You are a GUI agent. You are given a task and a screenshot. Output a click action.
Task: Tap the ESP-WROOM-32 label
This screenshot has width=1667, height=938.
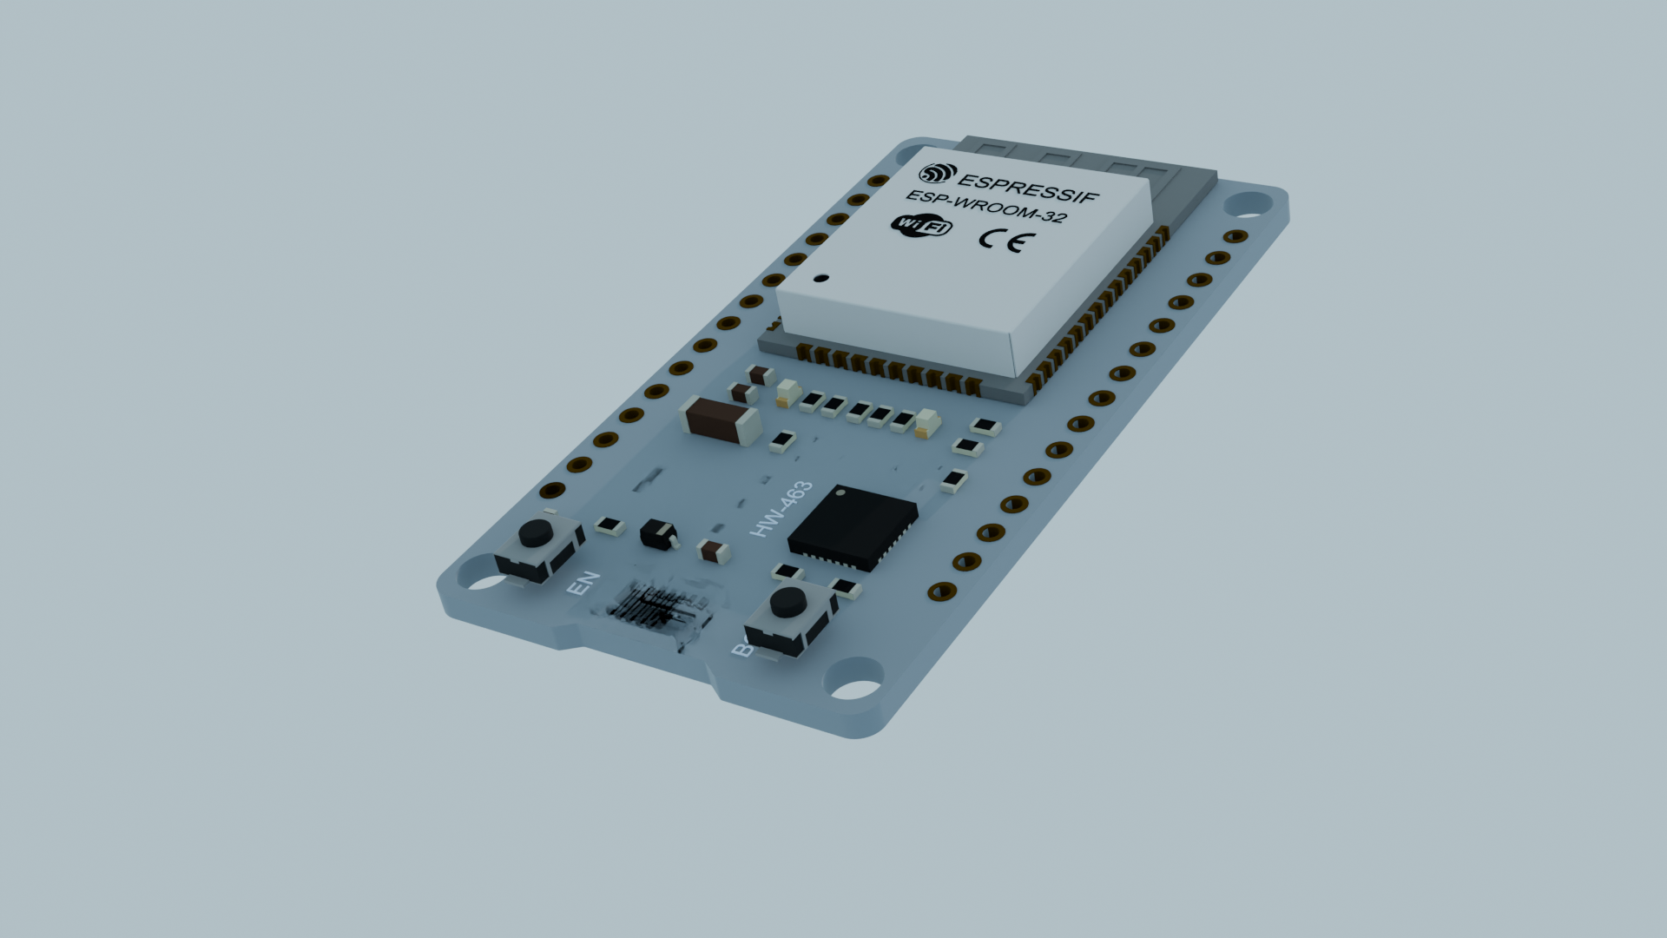coord(985,208)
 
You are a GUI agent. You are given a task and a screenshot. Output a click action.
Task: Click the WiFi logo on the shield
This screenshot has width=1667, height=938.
coord(921,225)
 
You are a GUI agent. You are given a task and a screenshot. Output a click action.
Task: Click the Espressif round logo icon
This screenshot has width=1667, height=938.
coord(938,174)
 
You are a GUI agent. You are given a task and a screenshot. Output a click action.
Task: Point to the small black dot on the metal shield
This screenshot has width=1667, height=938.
coord(820,279)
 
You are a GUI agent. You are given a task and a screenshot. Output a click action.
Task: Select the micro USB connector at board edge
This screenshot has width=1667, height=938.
coord(660,612)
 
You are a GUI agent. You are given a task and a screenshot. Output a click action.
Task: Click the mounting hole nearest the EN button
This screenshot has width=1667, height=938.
coord(477,576)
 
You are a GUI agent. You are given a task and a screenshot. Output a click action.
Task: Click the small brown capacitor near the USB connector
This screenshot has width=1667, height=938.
coord(713,551)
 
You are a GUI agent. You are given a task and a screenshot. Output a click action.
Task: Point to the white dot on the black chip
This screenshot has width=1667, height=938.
coord(840,492)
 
